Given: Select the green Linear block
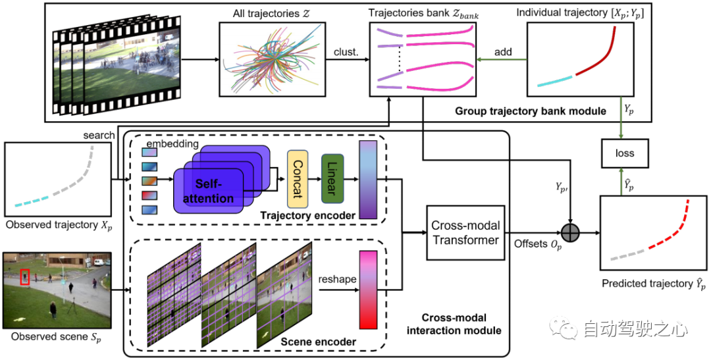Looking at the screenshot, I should pyautogui.click(x=332, y=178).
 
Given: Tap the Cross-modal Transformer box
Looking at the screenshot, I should pyautogui.click(x=465, y=233).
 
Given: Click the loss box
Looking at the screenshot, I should pyautogui.click(x=625, y=153).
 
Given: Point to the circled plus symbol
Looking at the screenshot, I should pyautogui.click(x=569, y=233).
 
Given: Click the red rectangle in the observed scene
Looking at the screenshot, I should pyautogui.click(x=25, y=277).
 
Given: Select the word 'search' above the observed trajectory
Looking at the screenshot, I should pyautogui.click(x=98, y=135).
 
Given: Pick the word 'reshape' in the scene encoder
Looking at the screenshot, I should pyautogui.click(x=337, y=279).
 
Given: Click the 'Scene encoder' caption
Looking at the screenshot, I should pyautogui.click(x=318, y=342).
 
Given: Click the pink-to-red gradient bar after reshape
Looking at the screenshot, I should pyautogui.click(x=367, y=289).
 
